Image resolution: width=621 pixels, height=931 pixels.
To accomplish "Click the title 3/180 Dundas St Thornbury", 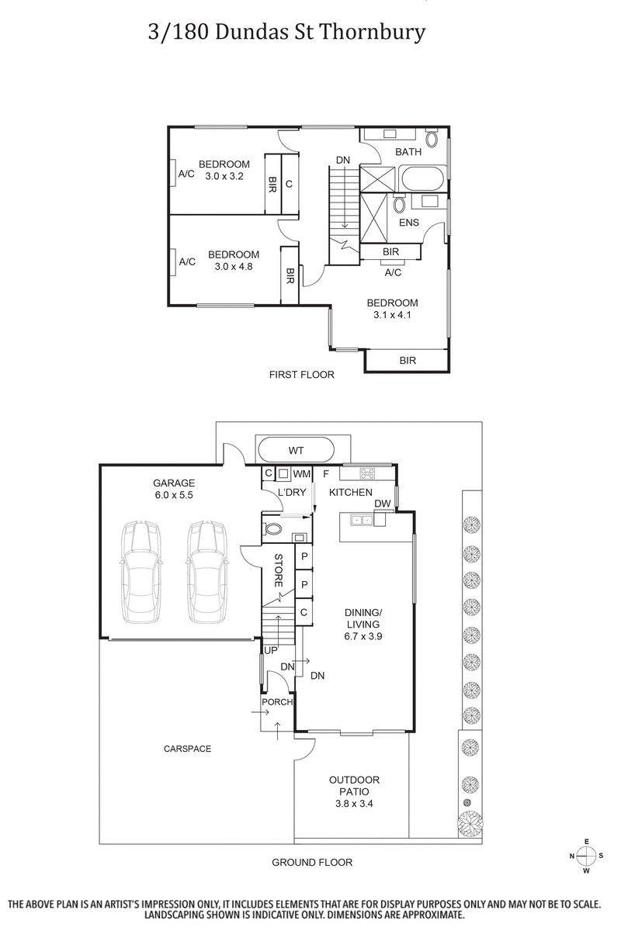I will [286, 33].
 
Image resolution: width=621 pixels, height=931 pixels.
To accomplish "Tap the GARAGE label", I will [174, 482].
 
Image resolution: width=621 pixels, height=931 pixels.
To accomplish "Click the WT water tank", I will [296, 450].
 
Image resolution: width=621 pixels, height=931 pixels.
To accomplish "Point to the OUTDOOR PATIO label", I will [354, 780].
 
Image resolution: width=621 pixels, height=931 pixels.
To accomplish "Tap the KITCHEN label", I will [351, 493].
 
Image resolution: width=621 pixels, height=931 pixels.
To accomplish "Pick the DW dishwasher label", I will [382, 504].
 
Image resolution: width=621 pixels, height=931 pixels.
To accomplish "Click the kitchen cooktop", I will [367, 473].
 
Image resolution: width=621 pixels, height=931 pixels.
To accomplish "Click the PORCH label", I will [277, 702].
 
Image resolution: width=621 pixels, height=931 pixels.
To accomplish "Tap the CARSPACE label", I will [187, 749].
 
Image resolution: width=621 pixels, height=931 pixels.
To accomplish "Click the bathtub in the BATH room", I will [422, 180].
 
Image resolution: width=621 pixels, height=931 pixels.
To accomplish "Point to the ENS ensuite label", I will [409, 223].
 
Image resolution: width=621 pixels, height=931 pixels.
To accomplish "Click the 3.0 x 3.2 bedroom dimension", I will [224, 176].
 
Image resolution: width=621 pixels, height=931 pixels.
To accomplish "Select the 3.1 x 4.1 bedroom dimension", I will [392, 315].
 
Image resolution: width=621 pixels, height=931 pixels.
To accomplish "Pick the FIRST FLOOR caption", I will [301, 375].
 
